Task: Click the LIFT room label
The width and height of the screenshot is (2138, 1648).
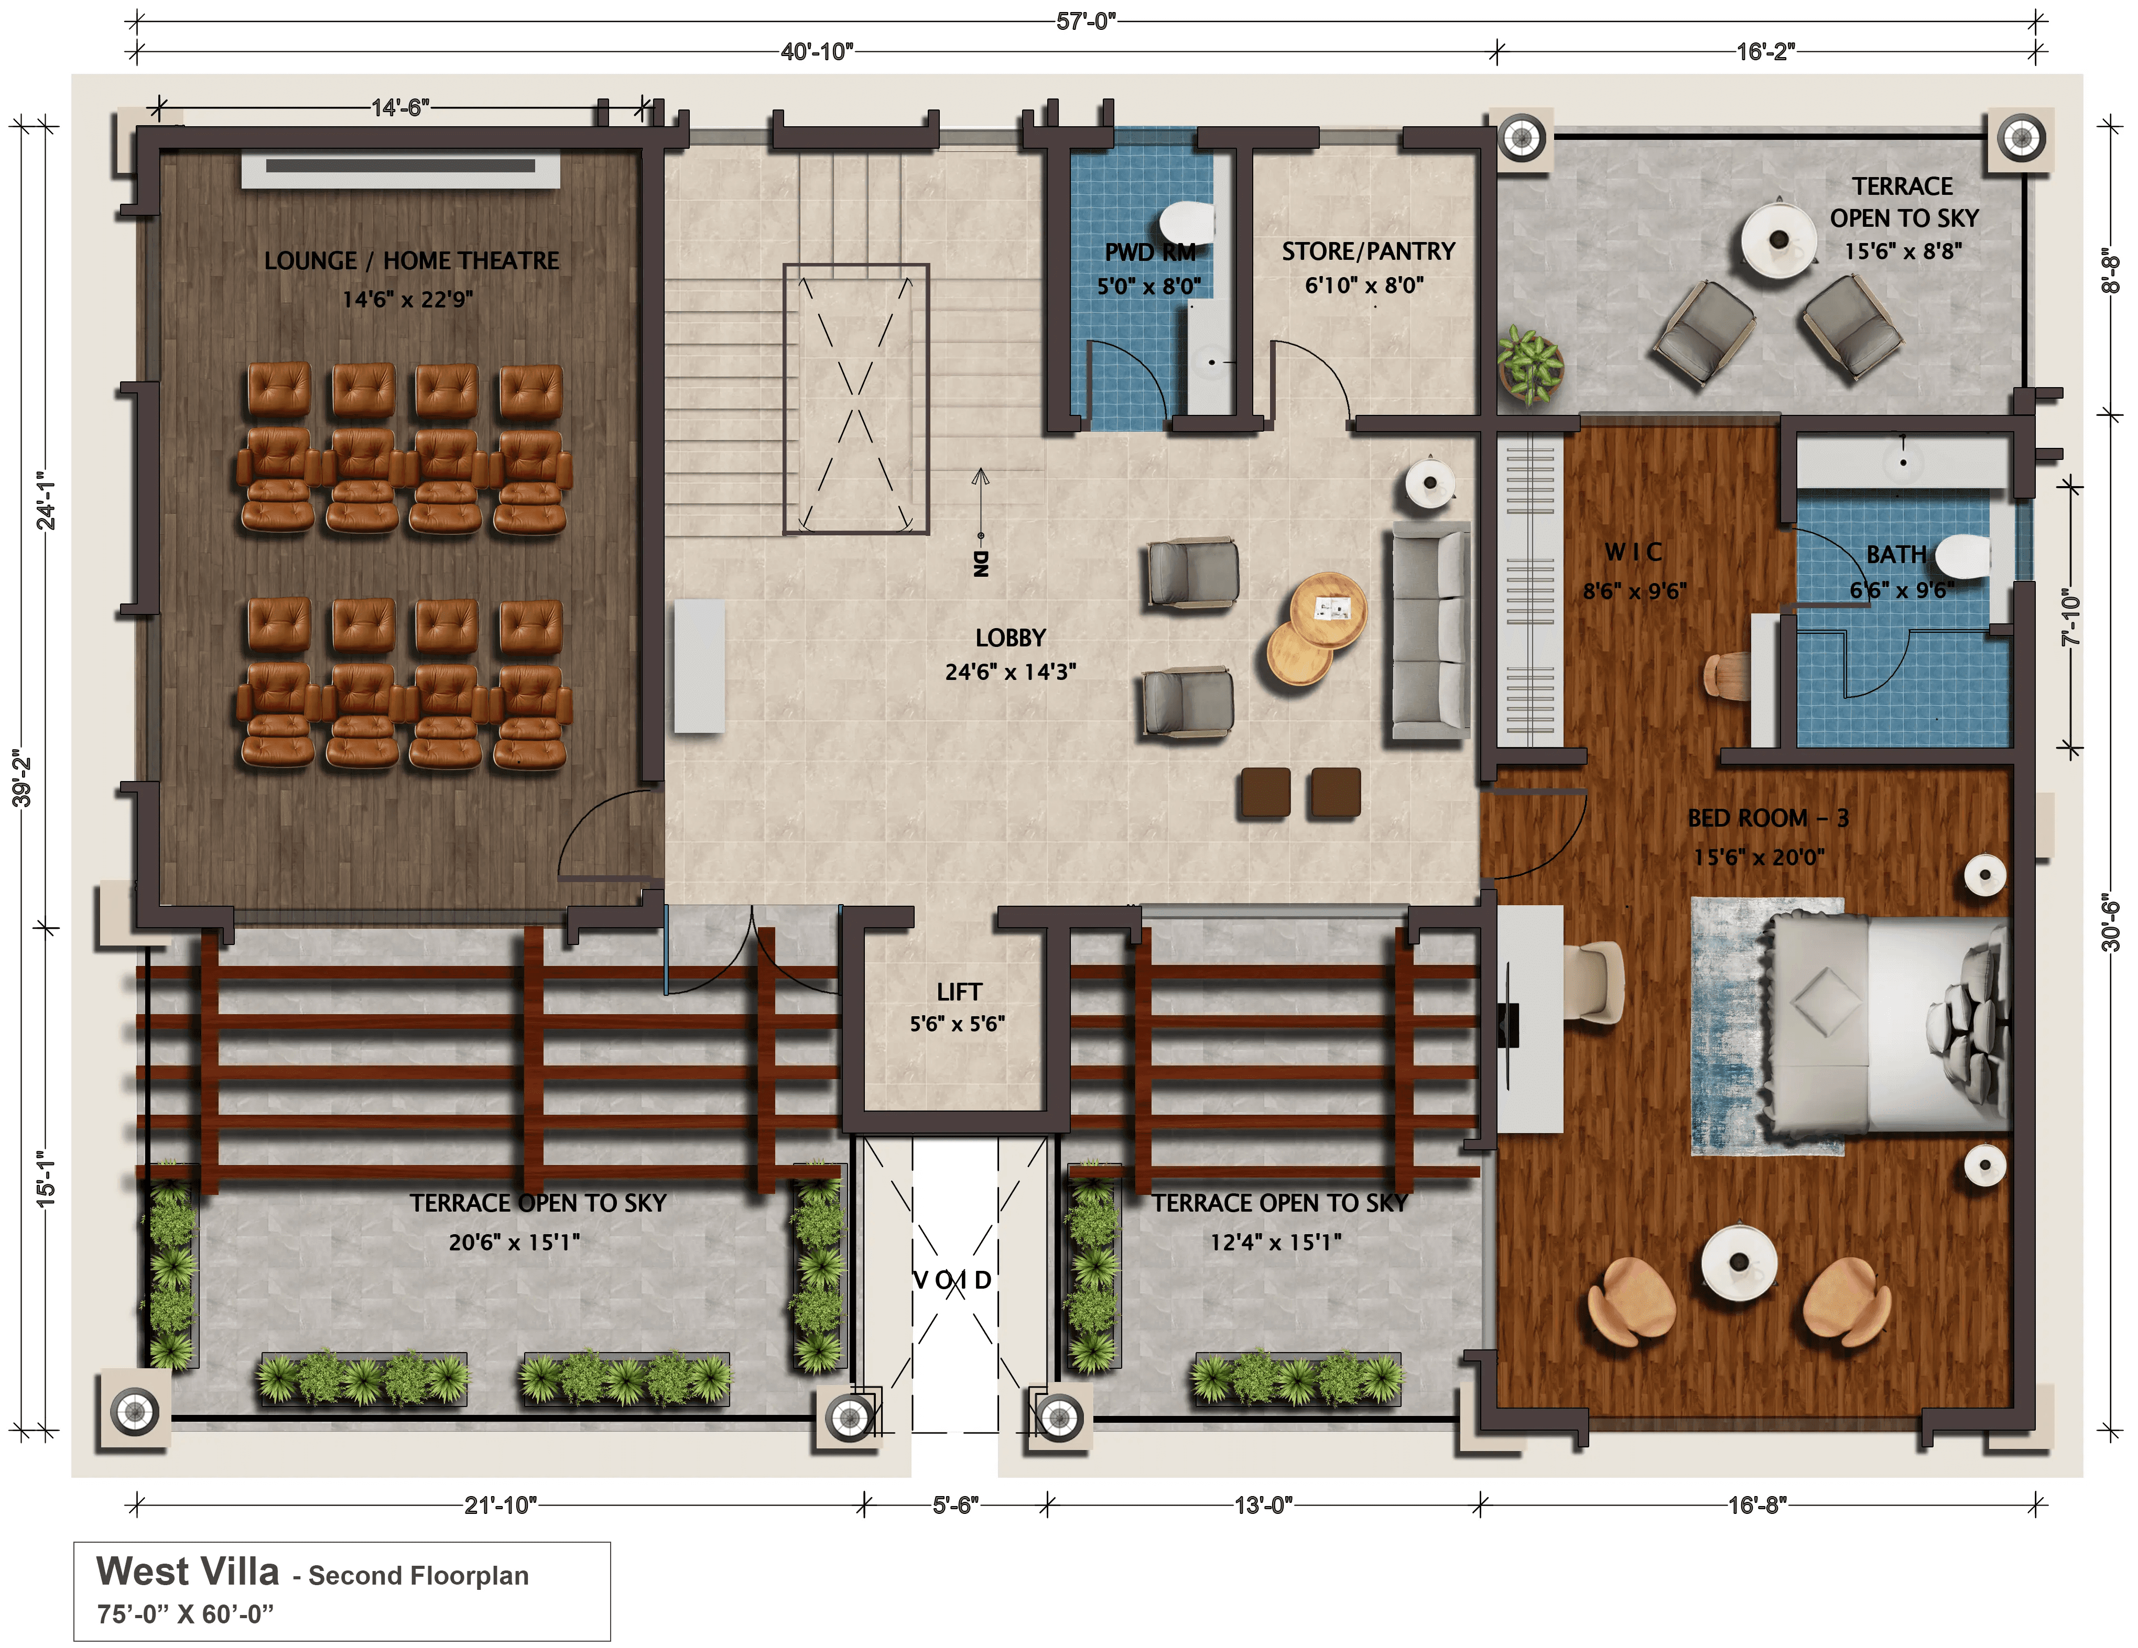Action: tap(958, 991)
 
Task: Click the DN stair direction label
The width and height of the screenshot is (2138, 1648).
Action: tap(981, 563)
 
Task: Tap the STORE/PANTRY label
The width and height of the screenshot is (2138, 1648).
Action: tap(1369, 251)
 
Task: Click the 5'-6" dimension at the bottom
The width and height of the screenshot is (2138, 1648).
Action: tap(954, 1504)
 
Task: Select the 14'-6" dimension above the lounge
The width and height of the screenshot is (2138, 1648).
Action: tap(399, 107)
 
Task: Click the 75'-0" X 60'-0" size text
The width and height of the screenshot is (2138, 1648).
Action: tap(185, 1614)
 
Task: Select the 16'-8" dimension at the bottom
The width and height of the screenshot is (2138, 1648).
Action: tap(1757, 1504)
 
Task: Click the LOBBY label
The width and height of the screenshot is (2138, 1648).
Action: tap(1010, 638)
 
